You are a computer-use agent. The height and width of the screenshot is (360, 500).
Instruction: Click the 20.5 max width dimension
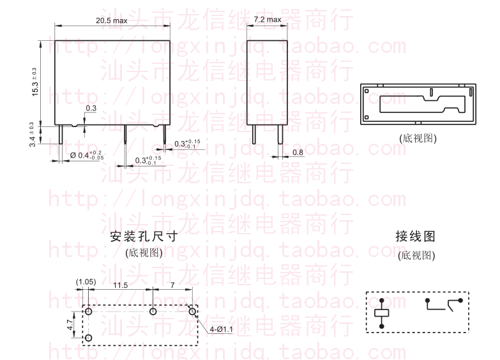point(111,20)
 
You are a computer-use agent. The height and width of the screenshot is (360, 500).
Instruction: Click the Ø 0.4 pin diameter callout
point(86,154)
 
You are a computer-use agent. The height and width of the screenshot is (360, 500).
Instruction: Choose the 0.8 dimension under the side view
point(298,152)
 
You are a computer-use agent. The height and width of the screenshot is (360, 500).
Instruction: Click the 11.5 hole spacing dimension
point(120,284)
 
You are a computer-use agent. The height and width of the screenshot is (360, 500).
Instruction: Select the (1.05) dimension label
point(86,281)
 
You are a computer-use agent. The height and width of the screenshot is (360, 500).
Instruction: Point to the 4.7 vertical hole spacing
point(69,324)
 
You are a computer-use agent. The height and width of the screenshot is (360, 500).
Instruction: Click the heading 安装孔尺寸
point(144,237)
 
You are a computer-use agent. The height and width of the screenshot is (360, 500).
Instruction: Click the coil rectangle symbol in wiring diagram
point(382,313)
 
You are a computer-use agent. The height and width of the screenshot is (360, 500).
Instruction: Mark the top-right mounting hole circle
point(193,311)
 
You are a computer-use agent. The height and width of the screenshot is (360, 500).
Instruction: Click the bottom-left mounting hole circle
point(89,337)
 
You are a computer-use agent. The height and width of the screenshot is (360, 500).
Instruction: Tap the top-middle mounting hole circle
point(153,311)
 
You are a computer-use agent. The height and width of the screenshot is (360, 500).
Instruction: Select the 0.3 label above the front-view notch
point(91,109)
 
